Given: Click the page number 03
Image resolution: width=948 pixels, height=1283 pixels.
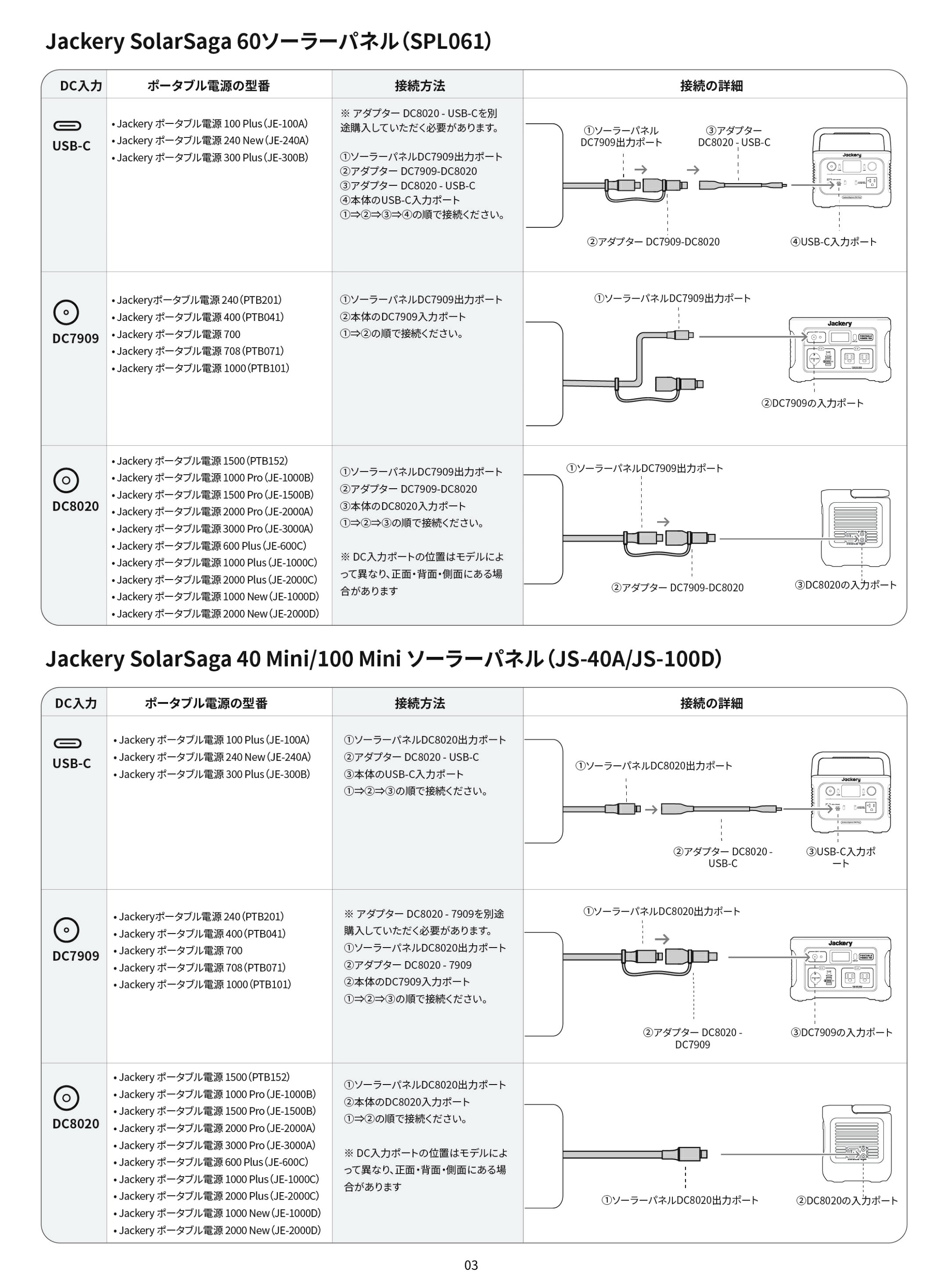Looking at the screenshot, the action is pyautogui.click(x=470, y=1265).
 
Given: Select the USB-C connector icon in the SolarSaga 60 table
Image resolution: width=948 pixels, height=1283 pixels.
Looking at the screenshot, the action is pyautogui.click(x=67, y=126).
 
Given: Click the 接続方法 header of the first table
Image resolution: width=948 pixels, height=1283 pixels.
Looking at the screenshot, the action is pyautogui.click(x=420, y=86).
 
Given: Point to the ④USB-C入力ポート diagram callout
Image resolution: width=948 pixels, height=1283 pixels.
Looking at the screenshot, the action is pyautogui.click(x=834, y=241).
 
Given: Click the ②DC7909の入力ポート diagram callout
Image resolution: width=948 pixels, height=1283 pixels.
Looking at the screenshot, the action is pyautogui.click(x=812, y=403).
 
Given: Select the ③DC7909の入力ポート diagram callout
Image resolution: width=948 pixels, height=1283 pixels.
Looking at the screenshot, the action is pyautogui.click(x=841, y=1032).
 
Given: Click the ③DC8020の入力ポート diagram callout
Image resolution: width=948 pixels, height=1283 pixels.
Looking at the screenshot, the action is pyautogui.click(x=845, y=584).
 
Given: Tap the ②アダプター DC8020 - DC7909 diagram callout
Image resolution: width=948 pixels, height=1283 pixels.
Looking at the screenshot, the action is pyautogui.click(x=693, y=1038).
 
